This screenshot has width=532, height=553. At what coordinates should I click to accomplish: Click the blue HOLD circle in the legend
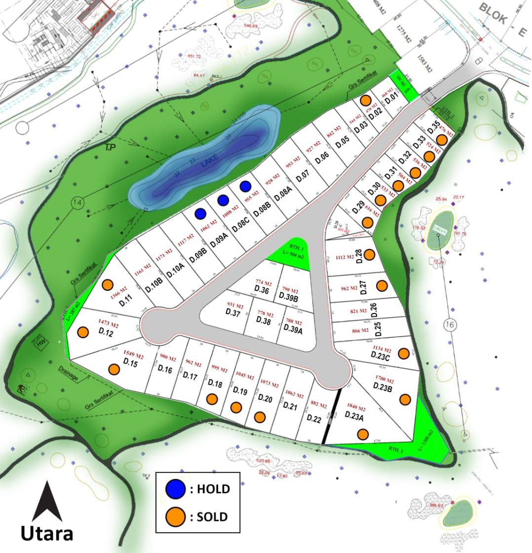176,489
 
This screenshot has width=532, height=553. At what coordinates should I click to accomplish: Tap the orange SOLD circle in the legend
176,517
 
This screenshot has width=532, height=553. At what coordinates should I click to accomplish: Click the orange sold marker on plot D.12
83,332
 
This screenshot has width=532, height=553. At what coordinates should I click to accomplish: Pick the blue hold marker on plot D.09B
200,213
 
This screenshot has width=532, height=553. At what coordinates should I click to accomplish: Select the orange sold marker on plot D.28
370,255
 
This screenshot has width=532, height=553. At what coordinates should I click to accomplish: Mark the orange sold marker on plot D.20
260,417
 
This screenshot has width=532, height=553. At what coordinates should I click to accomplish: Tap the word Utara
47,533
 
